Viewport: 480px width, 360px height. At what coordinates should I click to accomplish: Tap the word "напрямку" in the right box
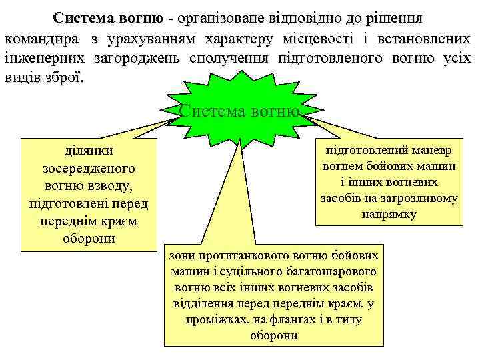click(x=389, y=214)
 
